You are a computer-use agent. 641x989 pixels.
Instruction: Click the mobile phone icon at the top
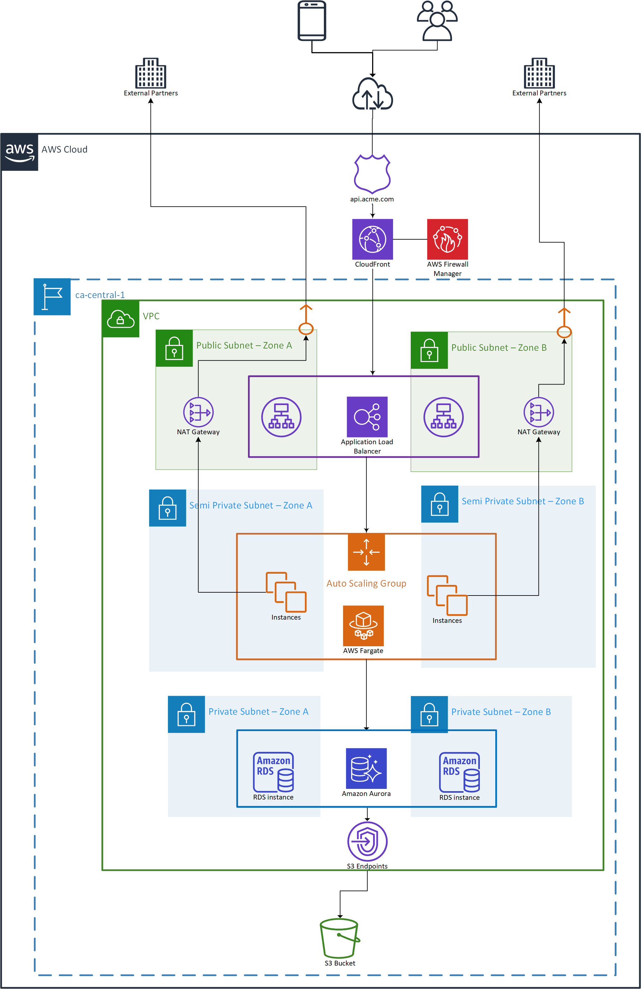(312, 21)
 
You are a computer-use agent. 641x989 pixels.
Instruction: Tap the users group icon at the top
(437, 21)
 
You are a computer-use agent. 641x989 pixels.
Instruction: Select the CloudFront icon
(372, 239)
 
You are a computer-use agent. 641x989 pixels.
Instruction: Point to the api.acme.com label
(372, 199)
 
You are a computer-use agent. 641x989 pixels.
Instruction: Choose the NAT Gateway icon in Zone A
(198, 412)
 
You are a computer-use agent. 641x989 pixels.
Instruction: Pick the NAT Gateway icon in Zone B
(539, 412)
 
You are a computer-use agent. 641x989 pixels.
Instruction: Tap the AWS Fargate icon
(363, 625)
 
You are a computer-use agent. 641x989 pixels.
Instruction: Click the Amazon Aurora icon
(366, 768)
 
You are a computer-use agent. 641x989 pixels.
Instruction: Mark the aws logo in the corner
(19, 152)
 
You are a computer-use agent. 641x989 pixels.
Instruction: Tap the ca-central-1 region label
(100, 295)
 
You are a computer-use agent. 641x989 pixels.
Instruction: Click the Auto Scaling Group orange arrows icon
(366, 552)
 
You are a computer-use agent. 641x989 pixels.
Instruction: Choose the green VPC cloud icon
(121, 319)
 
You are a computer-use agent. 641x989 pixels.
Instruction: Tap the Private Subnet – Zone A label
(258, 711)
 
